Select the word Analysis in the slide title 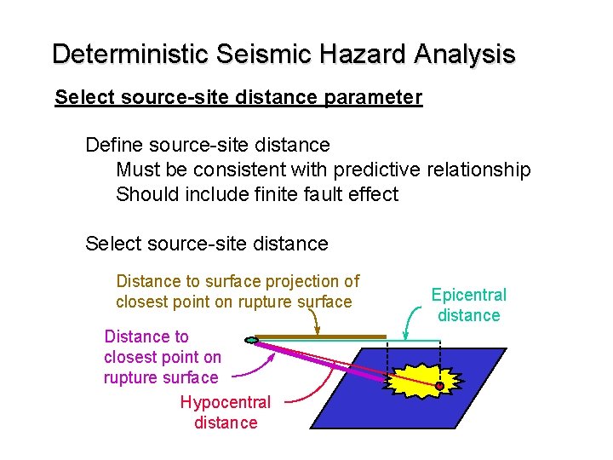[x=465, y=55]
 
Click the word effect [x=372, y=194]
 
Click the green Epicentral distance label [x=468, y=305]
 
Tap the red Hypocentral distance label [x=225, y=412]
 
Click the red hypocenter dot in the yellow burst [x=439, y=386]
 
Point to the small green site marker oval [x=251, y=341]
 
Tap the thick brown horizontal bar [x=320, y=336]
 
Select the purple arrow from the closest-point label [x=255, y=368]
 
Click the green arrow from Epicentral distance [x=414, y=323]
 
